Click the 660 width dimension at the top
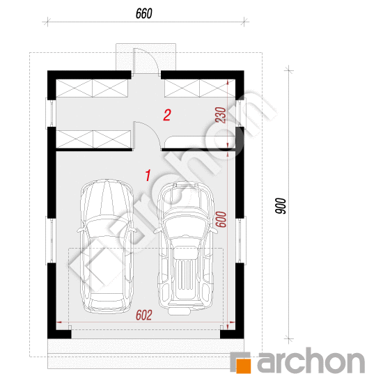point(144,13)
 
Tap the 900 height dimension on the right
point(281,206)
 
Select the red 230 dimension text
point(220,115)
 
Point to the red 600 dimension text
point(221,219)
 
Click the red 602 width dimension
point(144,315)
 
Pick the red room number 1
point(148,175)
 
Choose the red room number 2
point(167,115)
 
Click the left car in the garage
point(107,247)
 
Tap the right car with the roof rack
point(185,248)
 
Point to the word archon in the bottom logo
point(311,360)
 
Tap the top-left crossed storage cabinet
point(92,88)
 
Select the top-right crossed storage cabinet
point(200,88)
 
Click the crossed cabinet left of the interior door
point(93,139)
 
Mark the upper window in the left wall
point(51,114)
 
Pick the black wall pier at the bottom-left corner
point(59,334)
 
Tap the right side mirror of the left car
point(133,230)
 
